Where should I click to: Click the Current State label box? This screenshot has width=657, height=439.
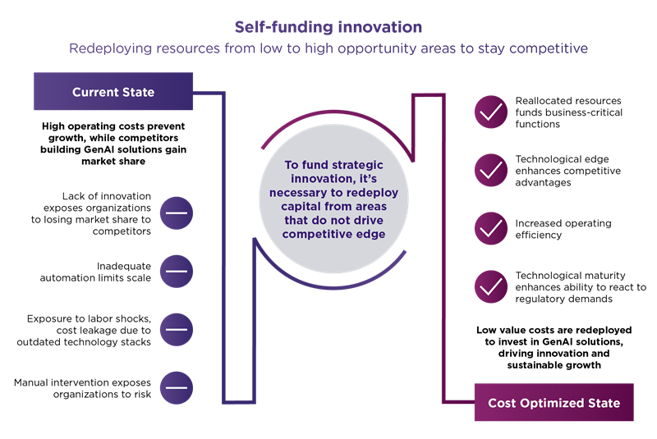click(x=113, y=92)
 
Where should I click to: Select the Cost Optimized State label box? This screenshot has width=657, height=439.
click(x=554, y=403)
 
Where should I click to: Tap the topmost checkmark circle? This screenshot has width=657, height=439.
click(x=491, y=113)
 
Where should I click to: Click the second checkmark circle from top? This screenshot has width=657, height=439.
click(x=491, y=171)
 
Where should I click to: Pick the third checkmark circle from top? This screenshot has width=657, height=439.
click(x=491, y=228)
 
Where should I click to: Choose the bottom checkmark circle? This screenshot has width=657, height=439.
click(x=491, y=286)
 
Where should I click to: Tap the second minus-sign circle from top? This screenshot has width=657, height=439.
click(x=176, y=271)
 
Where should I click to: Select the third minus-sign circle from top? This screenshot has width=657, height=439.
click(x=176, y=328)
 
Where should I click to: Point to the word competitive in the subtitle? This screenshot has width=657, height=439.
click(x=549, y=48)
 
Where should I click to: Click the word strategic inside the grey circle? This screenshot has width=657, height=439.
click(x=356, y=166)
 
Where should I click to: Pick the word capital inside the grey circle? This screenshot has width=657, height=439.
click(x=305, y=207)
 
